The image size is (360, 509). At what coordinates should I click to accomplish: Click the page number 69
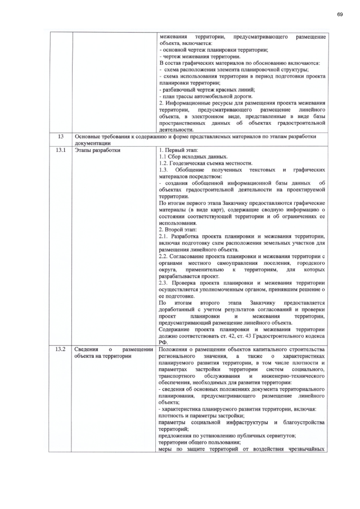[x=340, y=14]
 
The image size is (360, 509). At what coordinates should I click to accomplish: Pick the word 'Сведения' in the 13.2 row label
[x=87, y=349]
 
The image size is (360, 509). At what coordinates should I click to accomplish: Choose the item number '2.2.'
[x=164, y=256]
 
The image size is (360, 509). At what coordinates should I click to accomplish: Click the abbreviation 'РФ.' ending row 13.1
[x=163, y=343]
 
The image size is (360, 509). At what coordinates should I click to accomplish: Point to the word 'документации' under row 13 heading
[x=92, y=143]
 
